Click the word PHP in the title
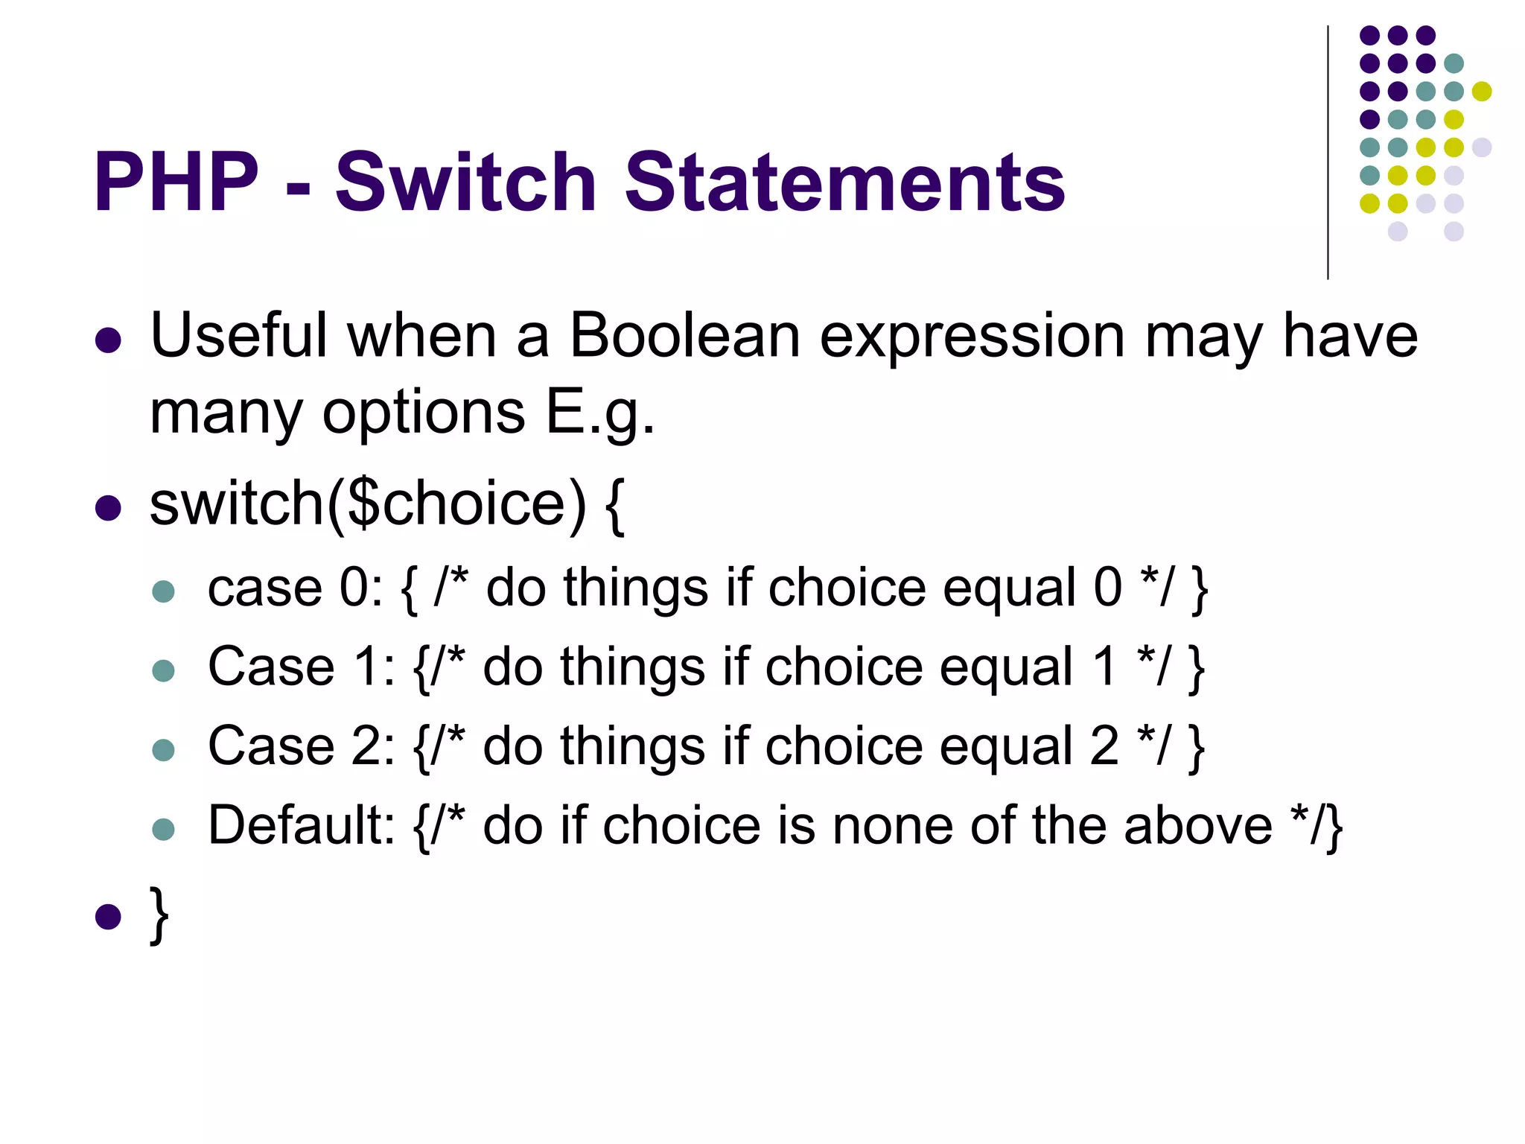pyautogui.click(x=176, y=182)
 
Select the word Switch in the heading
pyautogui.click(x=466, y=182)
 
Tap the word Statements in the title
pyautogui.click(x=844, y=182)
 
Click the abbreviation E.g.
pyautogui.click(x=600, y=413)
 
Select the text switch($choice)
pyautogui.click(x=368, y=505)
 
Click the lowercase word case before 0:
pyautogui.click(x=264, y=588)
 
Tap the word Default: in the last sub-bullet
pyautogui.click(x=301, y=825)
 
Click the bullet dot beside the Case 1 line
pyautogui.click(x=163, y=670)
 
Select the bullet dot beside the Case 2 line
pyautogui.click(x=163, y=749)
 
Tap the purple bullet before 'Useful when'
pyautogui.click(x=109, y=340)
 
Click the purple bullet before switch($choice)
pyautogui.click(x=109, y=508)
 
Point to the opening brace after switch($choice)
pyautogui.click(x=614, y=506)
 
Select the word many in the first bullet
pyautogui.click(x=226, y=413)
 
